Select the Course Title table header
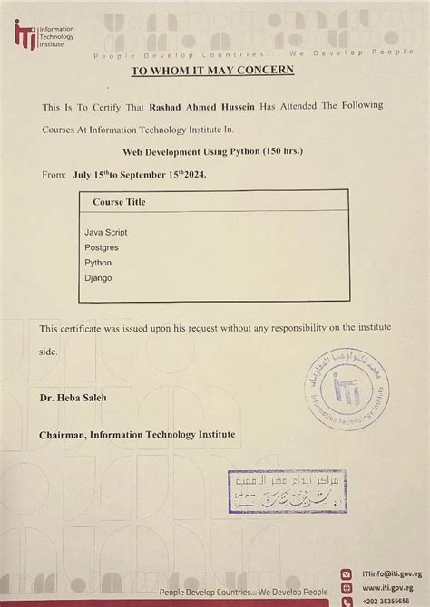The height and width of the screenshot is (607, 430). [119, 202]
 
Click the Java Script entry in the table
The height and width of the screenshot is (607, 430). [105, 232]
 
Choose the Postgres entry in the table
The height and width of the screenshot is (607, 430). [101, 246]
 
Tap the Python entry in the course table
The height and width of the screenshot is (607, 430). [98, 262]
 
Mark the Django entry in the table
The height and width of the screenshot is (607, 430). [98, 277]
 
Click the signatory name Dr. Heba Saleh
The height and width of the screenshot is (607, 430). [73, 398]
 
